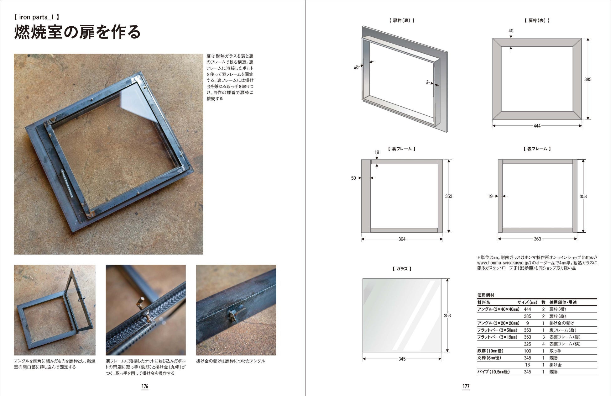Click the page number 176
point(145,386)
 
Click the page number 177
point(466,386)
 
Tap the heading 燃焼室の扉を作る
point(77,32)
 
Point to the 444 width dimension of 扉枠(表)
point(537,126)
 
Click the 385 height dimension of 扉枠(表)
point(588,79)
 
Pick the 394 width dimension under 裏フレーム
point(402,239)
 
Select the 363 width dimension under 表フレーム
point(537,239)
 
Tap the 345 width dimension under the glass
point(402,359)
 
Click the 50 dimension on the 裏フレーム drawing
point(353,178)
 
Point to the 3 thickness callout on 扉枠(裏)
point(427,82)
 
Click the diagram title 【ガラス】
point(402,269)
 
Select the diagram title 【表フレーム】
point(537,149)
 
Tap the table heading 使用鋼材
point(486,295)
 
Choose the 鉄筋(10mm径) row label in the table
point(490,351)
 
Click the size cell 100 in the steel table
point(527,351)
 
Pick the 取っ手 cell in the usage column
point(555,351)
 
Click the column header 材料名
point(484,302)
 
